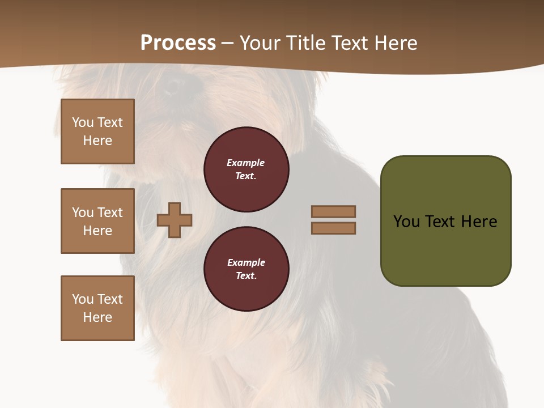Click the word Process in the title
(x=178, y=43)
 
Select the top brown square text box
(x=97, y=131)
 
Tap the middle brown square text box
(x=97, y=221)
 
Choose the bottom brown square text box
(x=97, y=308)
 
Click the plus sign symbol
(x=175, y=220)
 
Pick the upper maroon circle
(x=246, y=169)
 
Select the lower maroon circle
(x=246, y=269)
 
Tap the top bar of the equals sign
(x=333, y=211)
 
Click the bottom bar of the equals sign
(x=333, y=228)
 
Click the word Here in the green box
(x=479, y=222)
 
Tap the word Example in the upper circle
(x=245, y=163)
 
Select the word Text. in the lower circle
(x=246, y=276)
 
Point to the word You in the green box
(x=406, y=222)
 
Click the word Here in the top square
(x=97, y=141)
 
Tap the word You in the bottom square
(x=83, y=299)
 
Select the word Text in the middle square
(x=110, y=212)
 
